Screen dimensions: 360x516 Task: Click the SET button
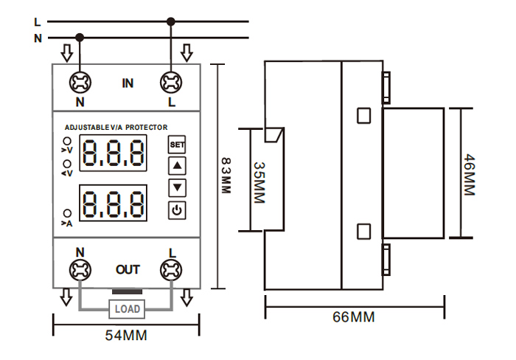tap(177, 145)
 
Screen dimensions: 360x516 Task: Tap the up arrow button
tap(177, 165)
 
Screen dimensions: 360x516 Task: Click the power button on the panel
tap(177, 211)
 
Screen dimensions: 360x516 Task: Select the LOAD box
tap(127, 308)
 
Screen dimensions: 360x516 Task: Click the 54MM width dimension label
tap(126, 336)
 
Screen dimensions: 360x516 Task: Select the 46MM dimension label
tap(469, 175)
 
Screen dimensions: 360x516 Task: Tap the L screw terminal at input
tap(172, 81)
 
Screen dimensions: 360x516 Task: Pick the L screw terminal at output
tap(172, 270)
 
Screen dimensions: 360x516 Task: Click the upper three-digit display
tap(113, 153)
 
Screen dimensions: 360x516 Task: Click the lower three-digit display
tap(113, 203)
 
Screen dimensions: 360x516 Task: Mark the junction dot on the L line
tap(172, 22)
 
